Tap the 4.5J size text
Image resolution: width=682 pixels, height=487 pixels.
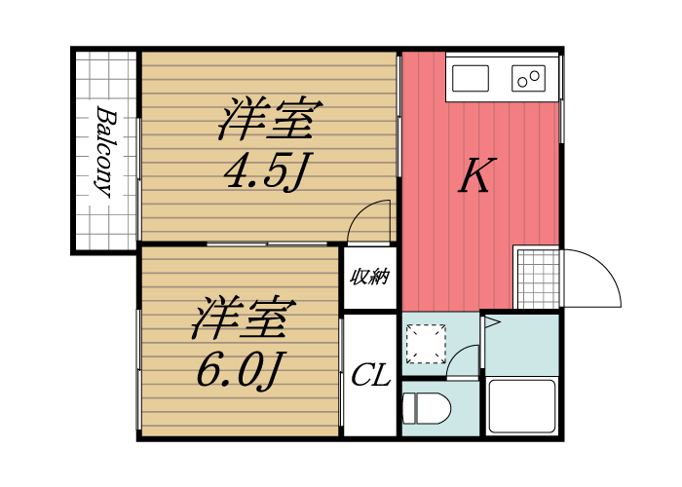pyautogui.click(x=265, y=172)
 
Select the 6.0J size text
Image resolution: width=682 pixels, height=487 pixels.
pyautogui.click(x=239, y=369)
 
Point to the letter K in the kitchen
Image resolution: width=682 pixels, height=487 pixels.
pyautogui.click(x=474, y=177)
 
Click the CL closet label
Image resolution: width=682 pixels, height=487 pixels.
pyautogui.click(x=370, y=376)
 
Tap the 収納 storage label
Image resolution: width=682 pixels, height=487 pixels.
pyautogui.click(x=370, y=277)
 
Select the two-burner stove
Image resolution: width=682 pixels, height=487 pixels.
pyautogui.click(x=530, y=77)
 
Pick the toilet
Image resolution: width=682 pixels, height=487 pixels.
pyautogui.click(x=425, y=407)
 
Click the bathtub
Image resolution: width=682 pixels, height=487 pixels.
pyautogui.click(x=521, y=405)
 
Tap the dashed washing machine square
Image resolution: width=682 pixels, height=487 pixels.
pyautogui.click(x=426, y=341)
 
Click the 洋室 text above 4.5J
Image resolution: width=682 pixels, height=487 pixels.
pyautogui.click(x=265, y=122)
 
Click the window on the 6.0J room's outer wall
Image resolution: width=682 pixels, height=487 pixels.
pyautogui.click(x=139, y=370)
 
